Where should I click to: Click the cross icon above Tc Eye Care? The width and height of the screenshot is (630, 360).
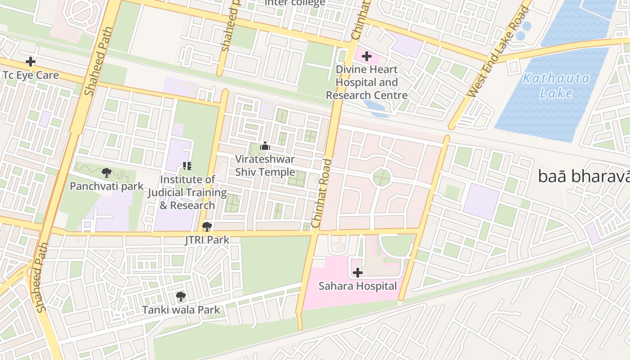[x=31, y=61]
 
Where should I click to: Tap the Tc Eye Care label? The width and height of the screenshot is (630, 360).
[x=31, y=75]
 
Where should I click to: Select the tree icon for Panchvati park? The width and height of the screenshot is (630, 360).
[x=107, y=172]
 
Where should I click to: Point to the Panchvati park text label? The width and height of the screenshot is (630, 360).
[x=107, y=186]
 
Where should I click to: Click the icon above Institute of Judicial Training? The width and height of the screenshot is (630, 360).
[x=187, y=166]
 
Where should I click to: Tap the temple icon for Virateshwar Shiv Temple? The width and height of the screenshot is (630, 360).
[x=265, y=146]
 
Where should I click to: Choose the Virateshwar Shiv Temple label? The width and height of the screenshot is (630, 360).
[x=265, y=166]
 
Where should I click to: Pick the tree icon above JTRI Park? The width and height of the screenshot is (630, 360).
[x=207, y=226]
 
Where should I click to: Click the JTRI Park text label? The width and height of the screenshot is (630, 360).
[x=207, y=240]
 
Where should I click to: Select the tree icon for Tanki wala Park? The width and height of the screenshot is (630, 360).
[x=181, y=296]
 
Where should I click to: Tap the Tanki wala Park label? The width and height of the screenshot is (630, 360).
[x=181, y=310]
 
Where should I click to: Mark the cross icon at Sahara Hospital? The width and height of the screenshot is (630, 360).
[x=358, y=273]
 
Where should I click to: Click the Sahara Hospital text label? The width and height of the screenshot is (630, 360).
[x=358, y=286]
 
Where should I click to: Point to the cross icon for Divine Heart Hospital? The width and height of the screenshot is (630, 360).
[x=367, y=56]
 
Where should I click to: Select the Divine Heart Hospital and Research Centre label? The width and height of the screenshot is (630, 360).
[x=367, y=82]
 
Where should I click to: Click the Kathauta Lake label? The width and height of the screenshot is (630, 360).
[x=556, y=86]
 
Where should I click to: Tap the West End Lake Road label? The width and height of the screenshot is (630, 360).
[x=499, y=51]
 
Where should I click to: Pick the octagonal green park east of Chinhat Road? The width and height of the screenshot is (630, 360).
[x=382, y=178]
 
